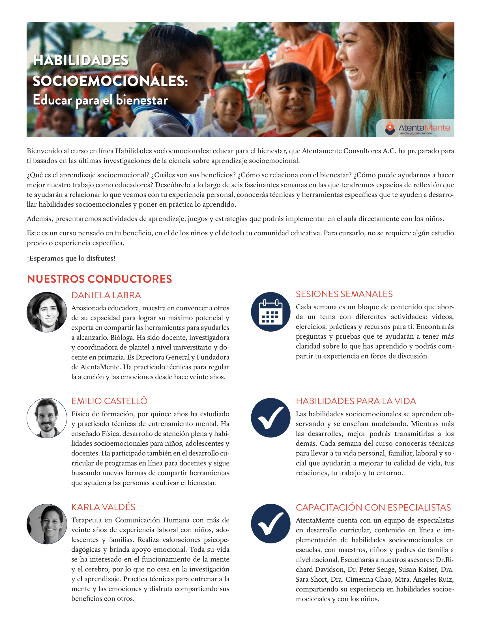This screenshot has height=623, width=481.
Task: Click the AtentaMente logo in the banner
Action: pos(417,128)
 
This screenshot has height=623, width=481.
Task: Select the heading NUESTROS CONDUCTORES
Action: pos(99,279)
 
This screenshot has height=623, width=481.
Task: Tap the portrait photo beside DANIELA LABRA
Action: pos(47,312)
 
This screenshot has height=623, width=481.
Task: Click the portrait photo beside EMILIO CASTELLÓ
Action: pos(47,418)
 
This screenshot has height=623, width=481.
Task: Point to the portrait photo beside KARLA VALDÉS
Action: pos(47,524)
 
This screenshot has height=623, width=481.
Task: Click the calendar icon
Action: pos(270,312)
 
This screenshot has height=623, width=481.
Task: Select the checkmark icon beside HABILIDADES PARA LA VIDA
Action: pos(270,418)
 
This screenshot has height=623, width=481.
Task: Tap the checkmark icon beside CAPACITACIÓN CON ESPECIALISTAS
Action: pos(270,523)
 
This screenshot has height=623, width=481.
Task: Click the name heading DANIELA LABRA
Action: pos(106,295)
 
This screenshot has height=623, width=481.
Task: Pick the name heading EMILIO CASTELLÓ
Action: pos(109,401)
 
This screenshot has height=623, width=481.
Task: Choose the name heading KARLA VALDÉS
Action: pos(103,507)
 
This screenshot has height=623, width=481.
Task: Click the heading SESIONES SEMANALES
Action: pos(344,294)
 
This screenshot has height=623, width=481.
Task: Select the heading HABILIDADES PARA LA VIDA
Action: pos(356,401)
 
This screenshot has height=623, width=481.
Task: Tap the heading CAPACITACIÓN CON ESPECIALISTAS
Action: pos(373,507)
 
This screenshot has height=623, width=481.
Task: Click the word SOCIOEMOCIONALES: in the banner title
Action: pos(110,81)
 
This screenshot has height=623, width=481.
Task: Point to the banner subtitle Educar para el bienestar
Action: pos(100,100)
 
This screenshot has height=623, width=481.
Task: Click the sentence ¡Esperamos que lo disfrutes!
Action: pos(71,259)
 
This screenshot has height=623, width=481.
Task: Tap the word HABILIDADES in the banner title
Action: pos(81,60)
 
